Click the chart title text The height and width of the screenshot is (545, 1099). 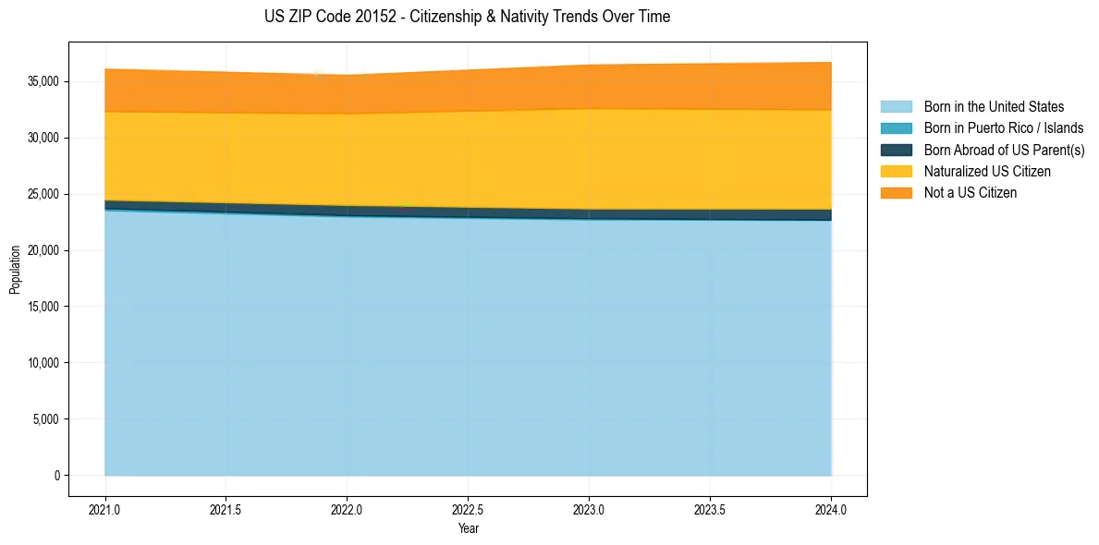(x=467, y=17)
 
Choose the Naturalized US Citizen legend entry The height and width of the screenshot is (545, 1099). (x=987, y=172)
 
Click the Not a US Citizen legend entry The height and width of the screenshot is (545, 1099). (x=970, y=193)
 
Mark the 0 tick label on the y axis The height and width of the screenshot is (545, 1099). (x=56, y=476)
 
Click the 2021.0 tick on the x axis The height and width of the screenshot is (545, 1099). (x=104, y=509)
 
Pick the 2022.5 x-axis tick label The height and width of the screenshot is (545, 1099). (x=468, y=509)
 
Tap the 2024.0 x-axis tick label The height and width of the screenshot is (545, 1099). (x=831, y=509)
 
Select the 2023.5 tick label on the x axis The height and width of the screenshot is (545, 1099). (x=710, y=509)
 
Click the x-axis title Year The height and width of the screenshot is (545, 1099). (x=468, y=529)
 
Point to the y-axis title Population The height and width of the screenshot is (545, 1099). (x=15, y=270)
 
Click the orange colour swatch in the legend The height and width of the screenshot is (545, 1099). (x=896, y=193)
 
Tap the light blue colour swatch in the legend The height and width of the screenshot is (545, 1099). (x=896, y=107)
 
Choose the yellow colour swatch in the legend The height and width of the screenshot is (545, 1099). (x=896, y=172)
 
